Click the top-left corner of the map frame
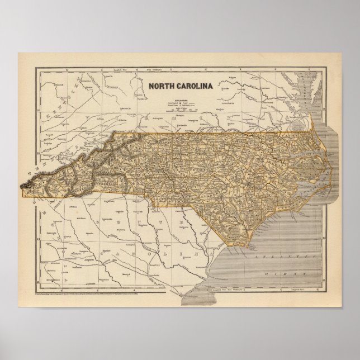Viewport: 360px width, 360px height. coord(35,67)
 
